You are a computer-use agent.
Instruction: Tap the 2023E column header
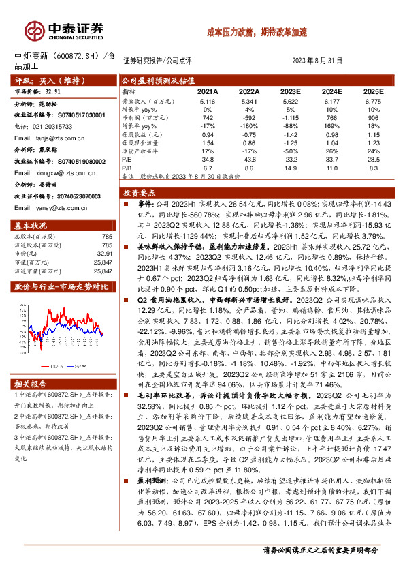(x=291, y=91)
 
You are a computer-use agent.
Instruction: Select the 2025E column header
(x=372, y=91)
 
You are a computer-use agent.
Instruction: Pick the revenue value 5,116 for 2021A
(x=208, y=101)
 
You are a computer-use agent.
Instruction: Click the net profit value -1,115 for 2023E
(x=291, y=117)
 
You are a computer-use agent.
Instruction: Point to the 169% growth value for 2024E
(x=332, y=125)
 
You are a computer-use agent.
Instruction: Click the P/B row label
(x=127, y=166)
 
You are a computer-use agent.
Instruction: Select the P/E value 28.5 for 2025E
(x=372, y=158)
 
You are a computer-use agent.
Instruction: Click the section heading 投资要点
(x=140, y=193)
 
